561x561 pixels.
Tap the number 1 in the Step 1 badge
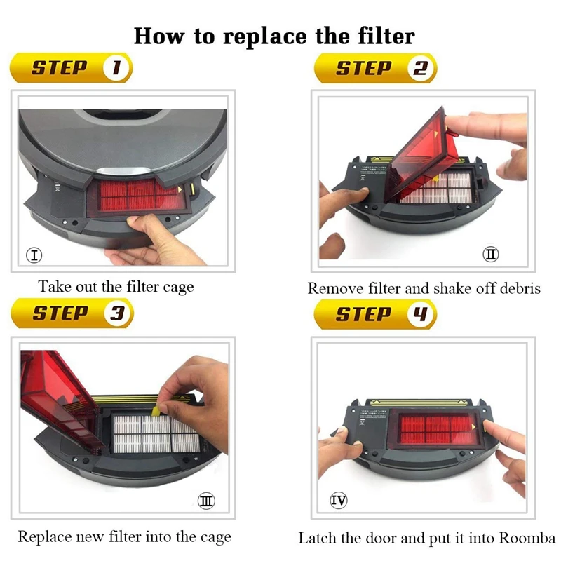tap(116, 67)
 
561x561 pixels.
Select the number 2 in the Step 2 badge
tap(420, 68)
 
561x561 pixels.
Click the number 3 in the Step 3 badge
tap(117, 313)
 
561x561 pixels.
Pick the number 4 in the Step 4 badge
tap(420, 313)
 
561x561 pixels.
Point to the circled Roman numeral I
tap(34, 255)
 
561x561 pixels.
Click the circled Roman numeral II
tap(490, 255)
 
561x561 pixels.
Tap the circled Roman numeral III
tap(206, 501)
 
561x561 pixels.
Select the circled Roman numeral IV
tap(339, 500)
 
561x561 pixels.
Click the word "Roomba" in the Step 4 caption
tap(527, 538)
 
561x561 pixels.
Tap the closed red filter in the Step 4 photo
tap(437, 428)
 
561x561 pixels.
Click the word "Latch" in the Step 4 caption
tap(318, 538)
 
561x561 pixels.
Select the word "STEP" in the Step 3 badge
tap(60, 313)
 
